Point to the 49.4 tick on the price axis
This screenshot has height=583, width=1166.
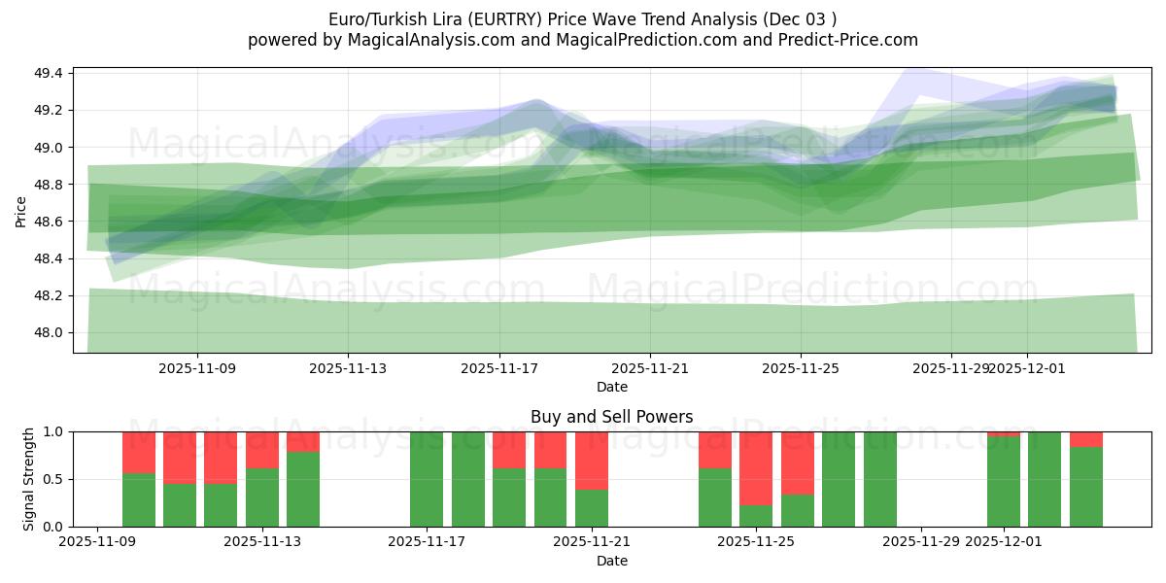pyautogui.click(x=50, y=74)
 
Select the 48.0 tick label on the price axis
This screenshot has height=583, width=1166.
pyautogui.click(x=50, y=332)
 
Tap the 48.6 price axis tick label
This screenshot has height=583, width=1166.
pyautogui.click(x=50, y=222)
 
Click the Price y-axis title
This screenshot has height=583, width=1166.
pyautogui.click(x=21, y=211)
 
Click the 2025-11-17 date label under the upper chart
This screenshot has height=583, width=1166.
pyautogui.click(x=498, y=368)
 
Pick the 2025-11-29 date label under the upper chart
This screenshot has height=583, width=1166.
pyautogui.click(x=950, y=368)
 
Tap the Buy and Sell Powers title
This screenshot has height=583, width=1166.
pyautogui.click(x=611, y=417)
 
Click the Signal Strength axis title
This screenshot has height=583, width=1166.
pyautogui.click(x=29, y=479)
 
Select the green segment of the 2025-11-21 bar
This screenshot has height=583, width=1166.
pyautogui.click(x=592, y=507)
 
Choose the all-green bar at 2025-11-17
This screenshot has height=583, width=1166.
pyautogui.click(x=427, y=479)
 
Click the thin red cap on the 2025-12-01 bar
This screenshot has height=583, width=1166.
pyautogui.click(x=1004, y=433)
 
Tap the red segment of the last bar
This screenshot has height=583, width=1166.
pyautogui.click(x=1086, y=439)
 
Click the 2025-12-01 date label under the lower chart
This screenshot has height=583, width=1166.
pyautogui.click(x=1004, y=542)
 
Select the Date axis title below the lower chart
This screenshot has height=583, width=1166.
pyautogui.click(x=611, y=561)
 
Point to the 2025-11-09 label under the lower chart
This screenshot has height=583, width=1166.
pyautogui.click(x=97, y=542)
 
